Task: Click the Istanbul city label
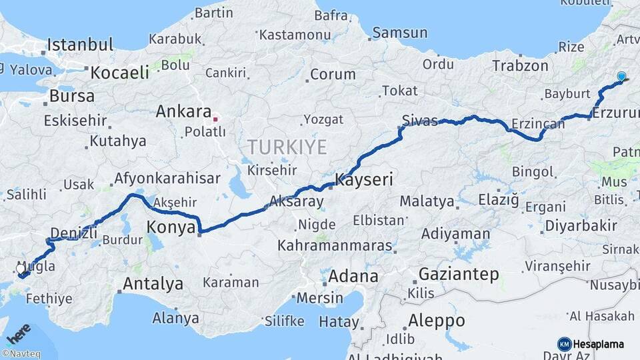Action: coord(80,45)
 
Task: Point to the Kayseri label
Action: coord(364,179)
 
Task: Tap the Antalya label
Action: coord(153,284)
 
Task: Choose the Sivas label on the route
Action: coord(420,121)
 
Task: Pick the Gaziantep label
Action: coord(459,274)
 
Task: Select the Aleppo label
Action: coord(437,320)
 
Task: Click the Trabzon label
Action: coord(520,65)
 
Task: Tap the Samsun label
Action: coord(400,32)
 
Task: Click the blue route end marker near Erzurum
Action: coord(621,77)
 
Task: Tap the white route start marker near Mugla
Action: coord(20,269)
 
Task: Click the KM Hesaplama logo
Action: coord(591,344)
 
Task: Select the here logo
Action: coord(19,333)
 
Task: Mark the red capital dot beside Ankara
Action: coord(215,120)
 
